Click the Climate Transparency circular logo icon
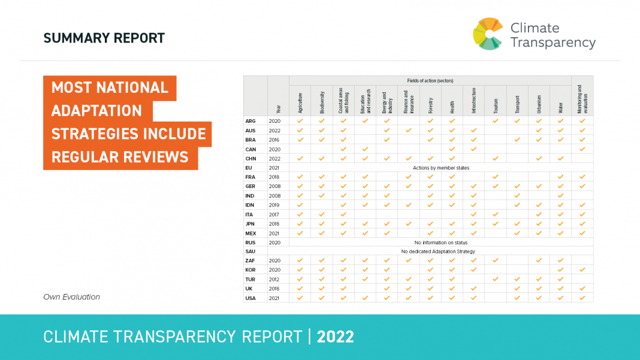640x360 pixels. pos(488,34)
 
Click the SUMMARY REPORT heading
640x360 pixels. pos(104,39)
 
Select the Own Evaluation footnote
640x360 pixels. pos(71,297)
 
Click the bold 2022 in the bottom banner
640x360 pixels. pos(336,337)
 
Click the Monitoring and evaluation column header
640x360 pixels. pos(582,99)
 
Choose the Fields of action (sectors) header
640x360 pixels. pos(430,80)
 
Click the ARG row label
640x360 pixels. pos(250,121)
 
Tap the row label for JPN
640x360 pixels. pos(250,223)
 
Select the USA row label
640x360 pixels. pos(250,298)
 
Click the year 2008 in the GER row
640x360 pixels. pos(274,186)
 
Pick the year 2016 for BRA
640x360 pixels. pos(274,140)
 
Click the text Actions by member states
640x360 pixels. pos(440,168)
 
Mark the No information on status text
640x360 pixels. pos(440,243)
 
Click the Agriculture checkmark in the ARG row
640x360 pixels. pos(300,121)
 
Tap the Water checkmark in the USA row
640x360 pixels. pos(560,298)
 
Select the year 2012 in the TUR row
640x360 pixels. pos(274,279)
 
